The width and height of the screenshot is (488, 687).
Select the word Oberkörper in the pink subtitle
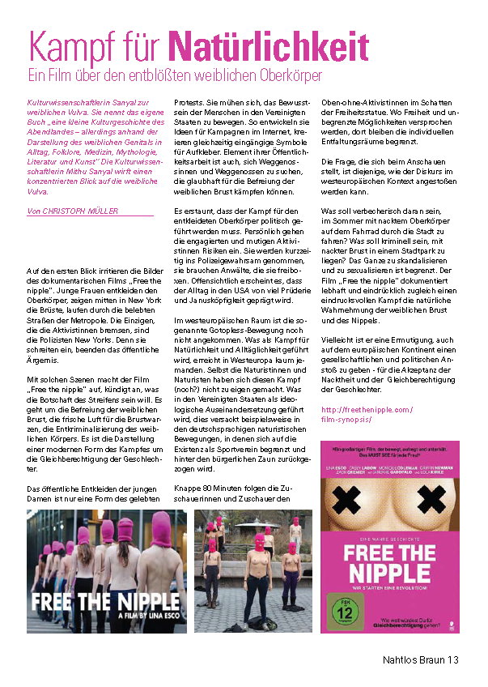coord(287,75)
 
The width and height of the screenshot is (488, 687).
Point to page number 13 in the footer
coord(452,660)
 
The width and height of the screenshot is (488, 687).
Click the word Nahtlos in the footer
coord(398,660)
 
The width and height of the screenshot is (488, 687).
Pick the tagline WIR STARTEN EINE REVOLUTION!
coord(390,589)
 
